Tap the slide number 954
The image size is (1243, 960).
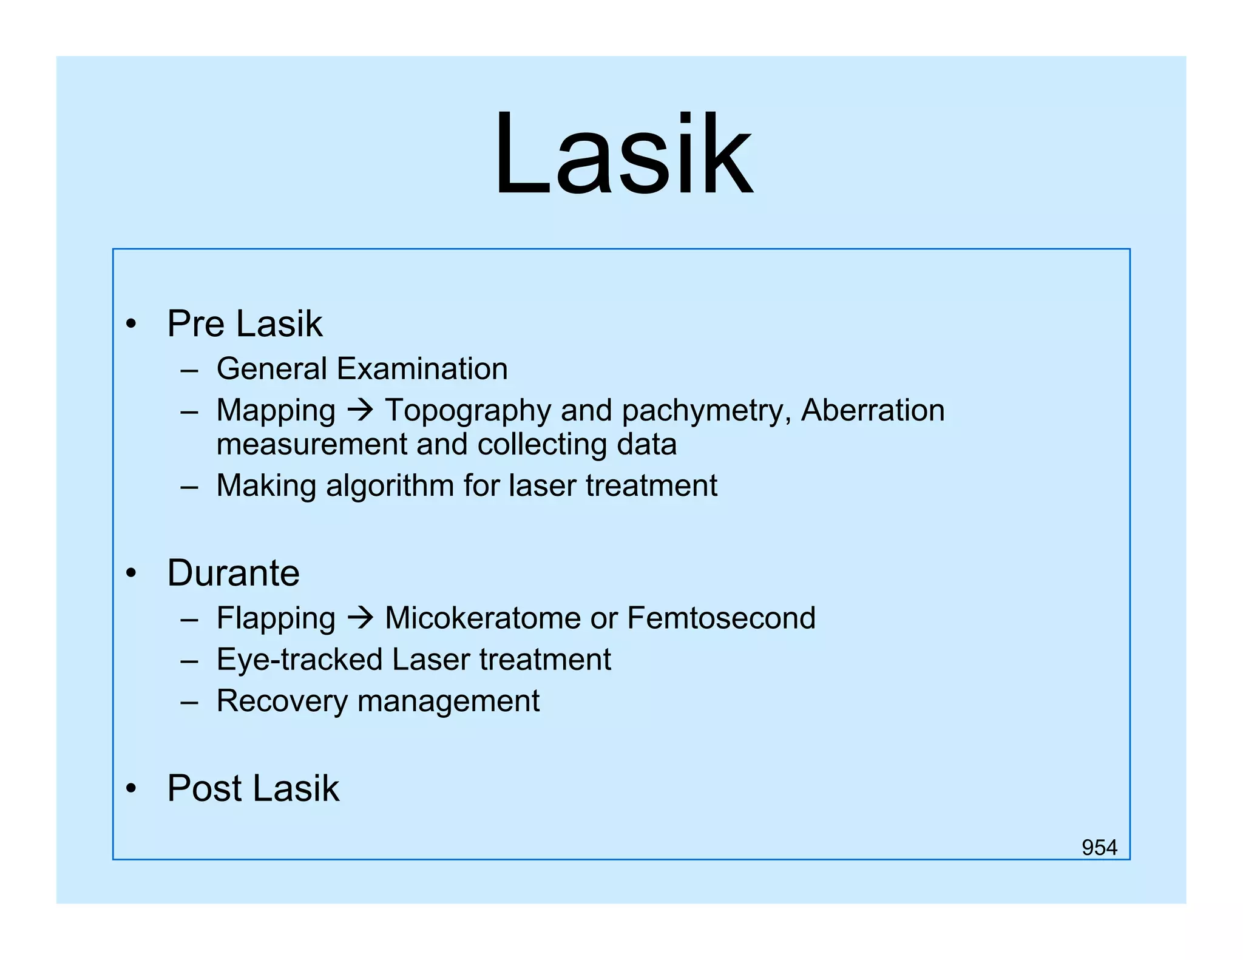pyautogui.click(x=1099, y=847)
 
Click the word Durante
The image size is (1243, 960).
pyautogui.click(x=233, y=573)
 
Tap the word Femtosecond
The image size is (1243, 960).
pyautogui.click(x=721, y=618)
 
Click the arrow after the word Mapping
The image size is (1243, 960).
pyautogui.click(x=360, y=411)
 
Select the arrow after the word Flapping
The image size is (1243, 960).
pyautogui.click(x=360, y=618)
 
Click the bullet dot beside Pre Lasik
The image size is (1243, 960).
pyautogui.click(x=131, y=324)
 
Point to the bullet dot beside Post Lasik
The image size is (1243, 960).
pyautogui.click(x=131, y=789)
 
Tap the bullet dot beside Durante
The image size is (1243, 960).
pyautogui.click(x=131, y=573)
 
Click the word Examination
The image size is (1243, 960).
pyautogui.click(x=422, y=368)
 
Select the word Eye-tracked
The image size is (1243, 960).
pyautogui.click(x=299, y=660)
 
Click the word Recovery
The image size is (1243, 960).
pyautogui.click(x=282, y=701)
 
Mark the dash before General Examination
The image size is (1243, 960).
pyautogui.click(x=189, y=370)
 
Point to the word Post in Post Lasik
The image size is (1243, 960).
pyautogui.click(x=205, y=788)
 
